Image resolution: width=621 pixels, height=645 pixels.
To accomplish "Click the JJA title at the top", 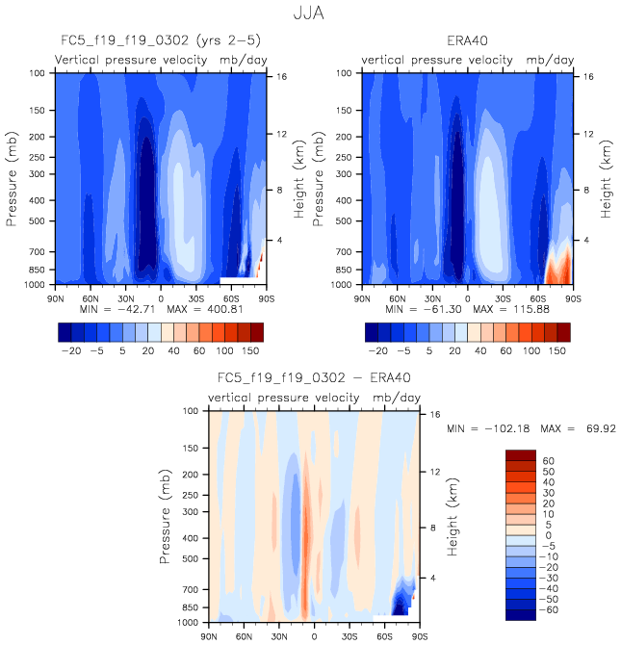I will click(x=311, y=14).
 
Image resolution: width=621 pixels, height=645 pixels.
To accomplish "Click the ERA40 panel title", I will click(x=467, y=41).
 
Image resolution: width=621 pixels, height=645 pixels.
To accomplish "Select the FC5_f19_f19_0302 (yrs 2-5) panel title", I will click(x=158, y=41).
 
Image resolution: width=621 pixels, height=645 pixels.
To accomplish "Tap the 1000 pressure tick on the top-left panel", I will click(x=39, y=285).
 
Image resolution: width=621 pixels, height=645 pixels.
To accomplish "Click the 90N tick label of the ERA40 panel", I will click(x=362, y=298).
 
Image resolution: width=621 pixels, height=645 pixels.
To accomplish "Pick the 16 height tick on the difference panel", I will click(x=431, y=412).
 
